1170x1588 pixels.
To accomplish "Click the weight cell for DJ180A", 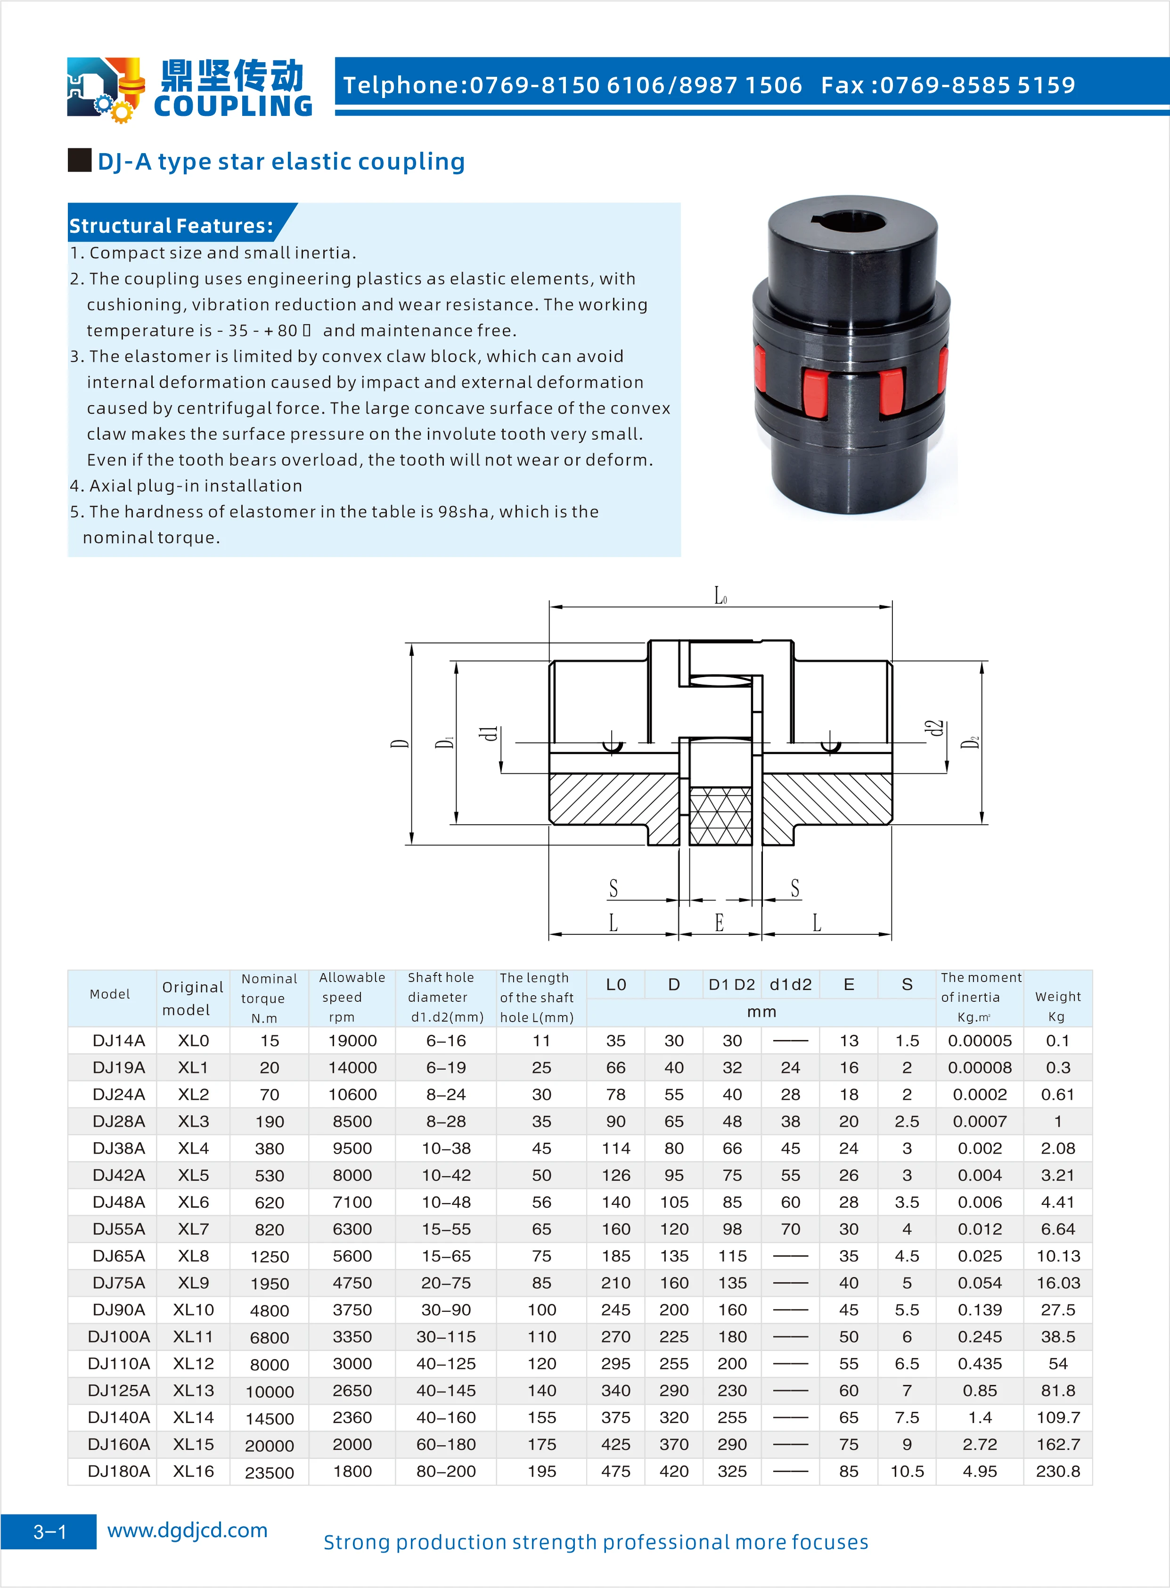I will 1057,1471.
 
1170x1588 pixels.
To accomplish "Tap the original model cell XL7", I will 193,1229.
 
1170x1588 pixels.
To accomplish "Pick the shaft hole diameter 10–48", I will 446,1202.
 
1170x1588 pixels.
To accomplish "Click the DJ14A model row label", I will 118,1040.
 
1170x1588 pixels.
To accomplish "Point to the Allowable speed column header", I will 352,997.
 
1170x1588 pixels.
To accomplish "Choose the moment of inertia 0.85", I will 980,1391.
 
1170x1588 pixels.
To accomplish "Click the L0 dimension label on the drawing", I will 720,597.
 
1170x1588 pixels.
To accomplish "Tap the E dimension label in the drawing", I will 719,922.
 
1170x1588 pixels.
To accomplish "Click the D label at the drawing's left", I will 400,744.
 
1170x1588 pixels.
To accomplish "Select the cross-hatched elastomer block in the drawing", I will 720,816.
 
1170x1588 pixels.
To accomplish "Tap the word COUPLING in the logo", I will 233,106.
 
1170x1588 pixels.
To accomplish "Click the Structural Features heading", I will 171,225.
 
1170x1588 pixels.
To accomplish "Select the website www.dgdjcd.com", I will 187,1530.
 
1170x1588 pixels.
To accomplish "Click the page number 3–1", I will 49,1532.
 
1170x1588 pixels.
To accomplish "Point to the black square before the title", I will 79,160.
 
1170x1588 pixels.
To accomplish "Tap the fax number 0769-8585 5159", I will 977,85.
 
